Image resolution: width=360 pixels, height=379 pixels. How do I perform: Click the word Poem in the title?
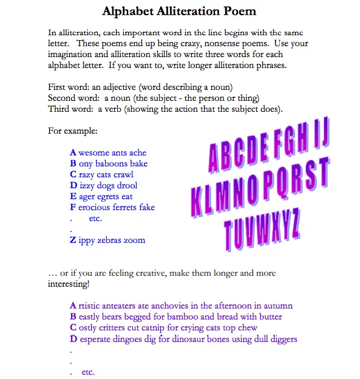coord(239,11)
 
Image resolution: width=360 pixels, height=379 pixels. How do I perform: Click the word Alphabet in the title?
coord(131,11)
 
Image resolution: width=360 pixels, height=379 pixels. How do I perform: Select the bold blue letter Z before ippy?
coord(73,240)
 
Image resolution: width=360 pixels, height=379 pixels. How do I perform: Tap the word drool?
coord(126,185)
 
